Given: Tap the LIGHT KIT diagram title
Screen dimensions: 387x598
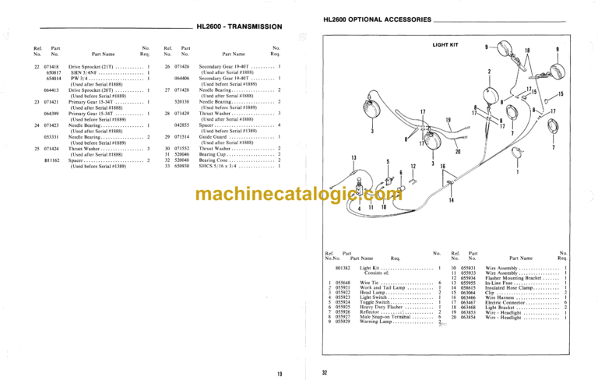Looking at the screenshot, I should tap(445, 46).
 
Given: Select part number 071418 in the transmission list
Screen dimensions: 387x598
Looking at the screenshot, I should tap(52, 67).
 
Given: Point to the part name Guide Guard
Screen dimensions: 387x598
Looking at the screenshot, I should tap(213, 136).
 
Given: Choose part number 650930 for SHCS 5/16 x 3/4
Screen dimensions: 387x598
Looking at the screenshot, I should tap(183, 166).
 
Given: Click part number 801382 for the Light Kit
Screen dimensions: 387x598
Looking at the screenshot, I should tap(344, 267).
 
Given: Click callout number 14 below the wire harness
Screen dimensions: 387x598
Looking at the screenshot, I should tap(452, 202).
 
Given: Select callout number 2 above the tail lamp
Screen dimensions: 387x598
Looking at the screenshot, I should tap(489, 71).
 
